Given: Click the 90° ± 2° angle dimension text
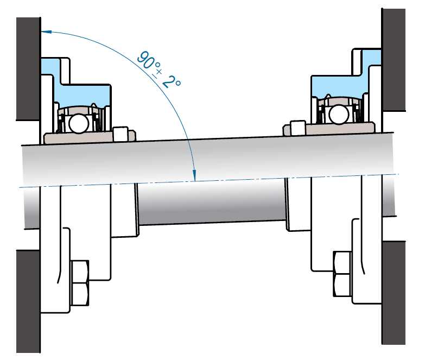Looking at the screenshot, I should point(158,70).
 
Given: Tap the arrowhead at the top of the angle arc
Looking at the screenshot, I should point(46,31).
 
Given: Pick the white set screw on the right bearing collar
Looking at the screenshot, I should point(297,127).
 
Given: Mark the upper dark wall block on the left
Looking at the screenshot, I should point(28,68).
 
